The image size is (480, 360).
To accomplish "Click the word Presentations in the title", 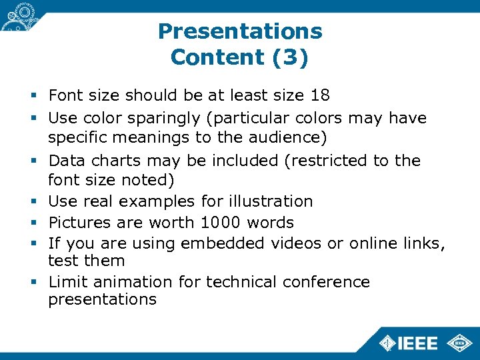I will (x=240, y=31).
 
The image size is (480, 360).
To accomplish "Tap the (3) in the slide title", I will (x=290, y=57).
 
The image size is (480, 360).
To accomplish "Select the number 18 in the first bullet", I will (x=319, y=97).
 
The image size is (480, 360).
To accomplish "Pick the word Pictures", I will (x=76, y=222).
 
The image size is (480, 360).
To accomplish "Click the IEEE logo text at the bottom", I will (x=417, y=343).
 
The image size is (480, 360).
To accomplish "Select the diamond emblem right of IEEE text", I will (x=459, y=343).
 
